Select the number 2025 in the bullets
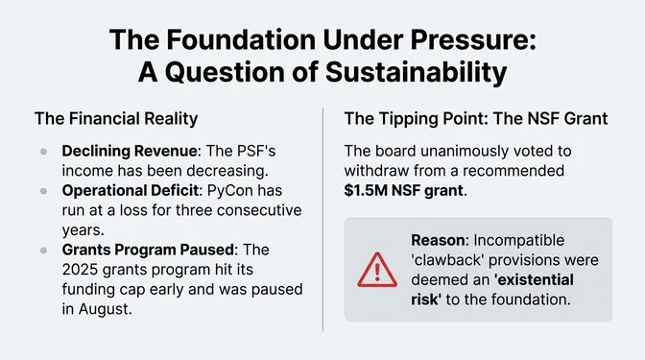point(82,269)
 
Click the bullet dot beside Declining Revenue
point(44,152)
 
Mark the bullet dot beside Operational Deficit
point(44,191)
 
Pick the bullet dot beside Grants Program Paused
point(44,250)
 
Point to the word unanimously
point(463,151)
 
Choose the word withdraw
point(379,170)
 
